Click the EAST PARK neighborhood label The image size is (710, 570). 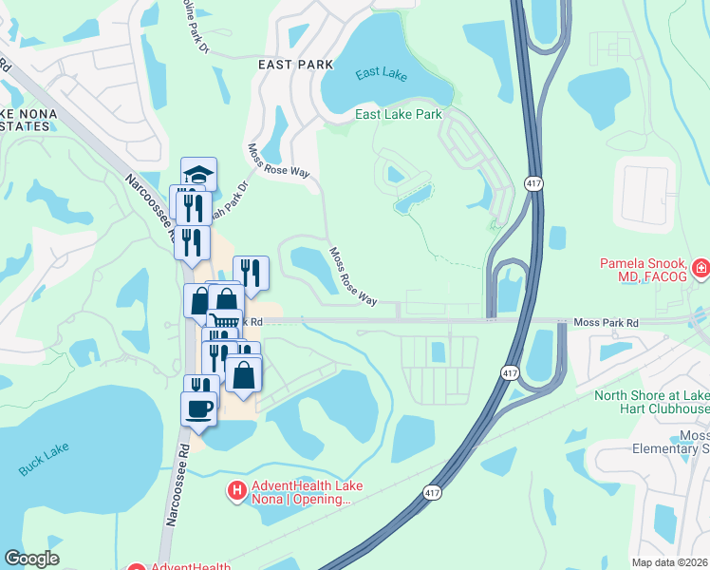point(295,64)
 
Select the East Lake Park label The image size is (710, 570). point(399,114)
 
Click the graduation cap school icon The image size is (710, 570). point(199,175)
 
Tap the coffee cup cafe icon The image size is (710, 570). point(199,408)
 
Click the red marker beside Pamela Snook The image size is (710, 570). point(701,270)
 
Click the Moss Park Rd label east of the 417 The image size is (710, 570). point(607,324)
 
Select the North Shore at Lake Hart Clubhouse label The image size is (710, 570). point(651,402)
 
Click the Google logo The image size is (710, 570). point(31,559)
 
